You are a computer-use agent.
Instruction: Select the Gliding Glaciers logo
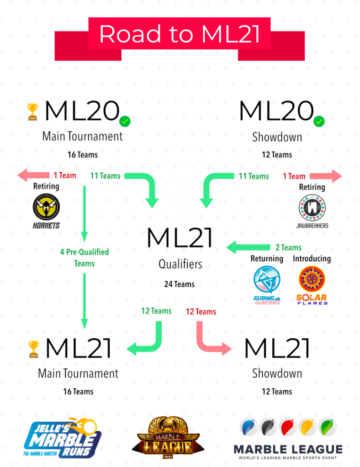click(267, 284)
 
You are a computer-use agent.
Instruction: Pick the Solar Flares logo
click(312, 284)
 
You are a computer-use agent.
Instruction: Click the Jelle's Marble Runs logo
click(63, 437)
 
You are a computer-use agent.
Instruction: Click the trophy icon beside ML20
click(33, 112)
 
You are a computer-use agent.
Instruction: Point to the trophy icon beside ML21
click(33, 349)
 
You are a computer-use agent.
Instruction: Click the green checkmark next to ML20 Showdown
click(319, 121)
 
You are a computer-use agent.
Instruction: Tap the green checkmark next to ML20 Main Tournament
click(125, 121)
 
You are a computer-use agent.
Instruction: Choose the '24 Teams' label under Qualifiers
click(180, 284)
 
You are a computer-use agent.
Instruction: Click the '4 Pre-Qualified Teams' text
click(84, 257)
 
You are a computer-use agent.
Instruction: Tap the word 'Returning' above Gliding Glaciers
click(267, 259)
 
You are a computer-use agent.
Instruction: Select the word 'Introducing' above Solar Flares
click(312, 259)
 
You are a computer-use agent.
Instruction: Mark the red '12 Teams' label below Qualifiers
click(201, 312)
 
